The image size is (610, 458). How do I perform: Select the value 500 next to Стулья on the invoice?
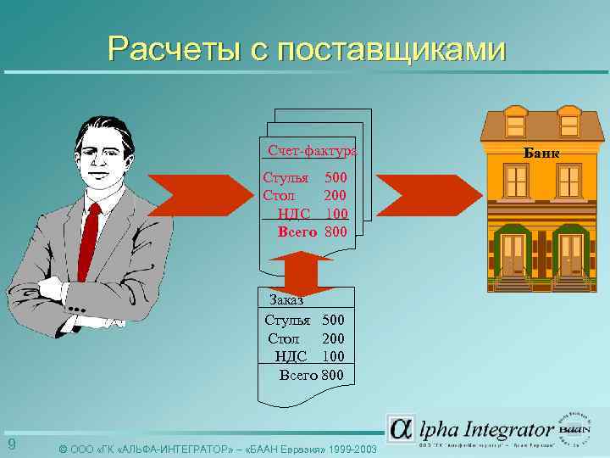(x=336, y=179)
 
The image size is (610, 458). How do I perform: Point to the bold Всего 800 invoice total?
(x=313, y=230)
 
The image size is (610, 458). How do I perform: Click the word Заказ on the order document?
(x=286, y=299)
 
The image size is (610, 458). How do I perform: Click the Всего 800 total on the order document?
(x=312, y=374)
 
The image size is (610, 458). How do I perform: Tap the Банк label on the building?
(x=542, y=154)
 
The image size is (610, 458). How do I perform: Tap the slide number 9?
(x=11, y=445)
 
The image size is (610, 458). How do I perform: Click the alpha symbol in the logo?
(x=402, y=428)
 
